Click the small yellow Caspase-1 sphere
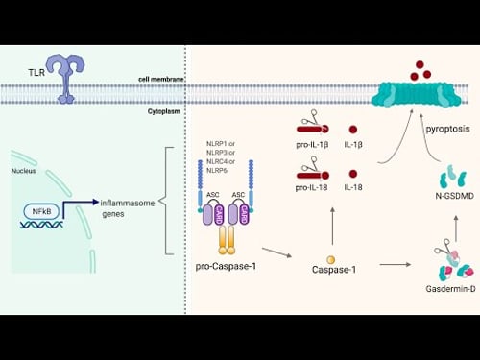(331, 260)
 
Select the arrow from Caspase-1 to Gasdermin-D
(396, 262)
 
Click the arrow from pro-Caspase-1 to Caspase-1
(276, 253)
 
